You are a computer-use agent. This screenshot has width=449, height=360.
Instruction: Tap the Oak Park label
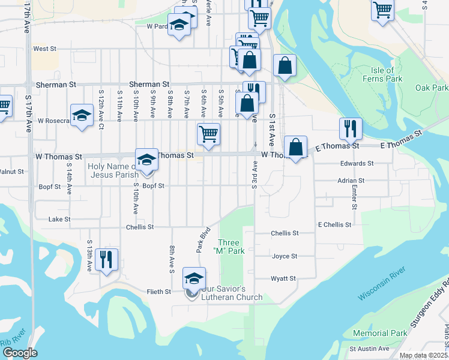(432, 88)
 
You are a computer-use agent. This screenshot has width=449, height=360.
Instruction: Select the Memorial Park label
(388, 333)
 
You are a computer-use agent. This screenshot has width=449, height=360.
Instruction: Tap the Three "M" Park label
(231, 247)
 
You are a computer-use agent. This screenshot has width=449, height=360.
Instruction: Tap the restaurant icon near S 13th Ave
(106, 259)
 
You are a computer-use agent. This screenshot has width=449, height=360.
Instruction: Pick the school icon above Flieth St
(194, 278)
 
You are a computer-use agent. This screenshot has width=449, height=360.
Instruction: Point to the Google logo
(20, 353)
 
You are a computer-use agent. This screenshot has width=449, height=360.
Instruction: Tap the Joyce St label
(285, 256)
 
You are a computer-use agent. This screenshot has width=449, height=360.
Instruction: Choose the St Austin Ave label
(370, 349)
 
